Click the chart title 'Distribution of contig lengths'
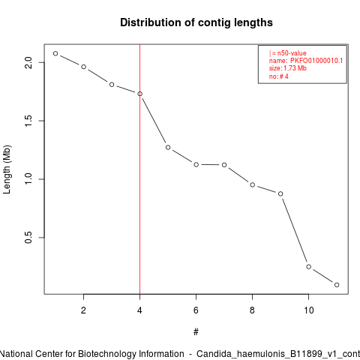pyautogui.click(x=196, y=22)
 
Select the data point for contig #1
pyautogui.click(x=55, y=53)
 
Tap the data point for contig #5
pyautogui.click(x=168, y=148)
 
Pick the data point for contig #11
pyautogui.click(x=337, y=285)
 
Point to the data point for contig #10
pyautogui.click(x=309, y=267)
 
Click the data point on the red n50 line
pyautogui.click(x=140, y=94)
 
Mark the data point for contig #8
pyautogui.click(x=253, y=184)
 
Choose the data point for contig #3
pyautogui.click(x=112, y=85)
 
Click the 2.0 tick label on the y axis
pyautogui.click(x=28, y=62)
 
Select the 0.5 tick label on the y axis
pyautogui.click(x=28, y=238)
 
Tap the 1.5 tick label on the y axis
pyautogui.click(x=28, y=121)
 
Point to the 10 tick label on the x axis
pyautogui.click(x=309, y=310)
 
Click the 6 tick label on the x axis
pyautogui.click(x=196, y=310)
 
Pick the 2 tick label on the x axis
pyautogui.click(x=83, y=310)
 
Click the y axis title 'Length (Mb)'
pyautogui.click(x=7, y=169)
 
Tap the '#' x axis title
pyautogui.click(x=196, y=332)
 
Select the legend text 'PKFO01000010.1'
pyautogui.click(x=316, y=61)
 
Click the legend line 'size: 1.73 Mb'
pyautogui.click(x=288, y=68)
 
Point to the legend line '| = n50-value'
pyautogui.click(x=288, y=53)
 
